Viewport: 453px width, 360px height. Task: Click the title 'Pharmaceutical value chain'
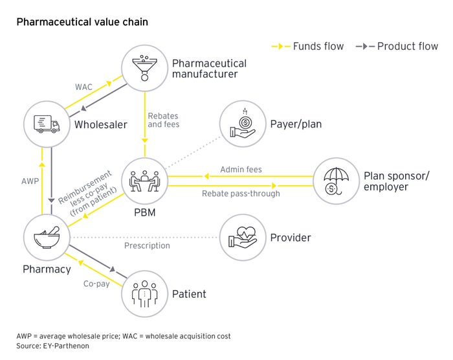click(x=82, y=22)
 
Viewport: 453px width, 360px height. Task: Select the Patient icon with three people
click(x=144, y=293)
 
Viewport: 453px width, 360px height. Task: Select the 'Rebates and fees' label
click(x=163, y=119)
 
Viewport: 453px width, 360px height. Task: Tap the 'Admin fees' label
click(x=241, y=170)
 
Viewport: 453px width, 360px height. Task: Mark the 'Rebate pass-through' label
click(x=241, y=194)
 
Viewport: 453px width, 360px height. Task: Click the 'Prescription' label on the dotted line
click(x=147, y=245)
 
